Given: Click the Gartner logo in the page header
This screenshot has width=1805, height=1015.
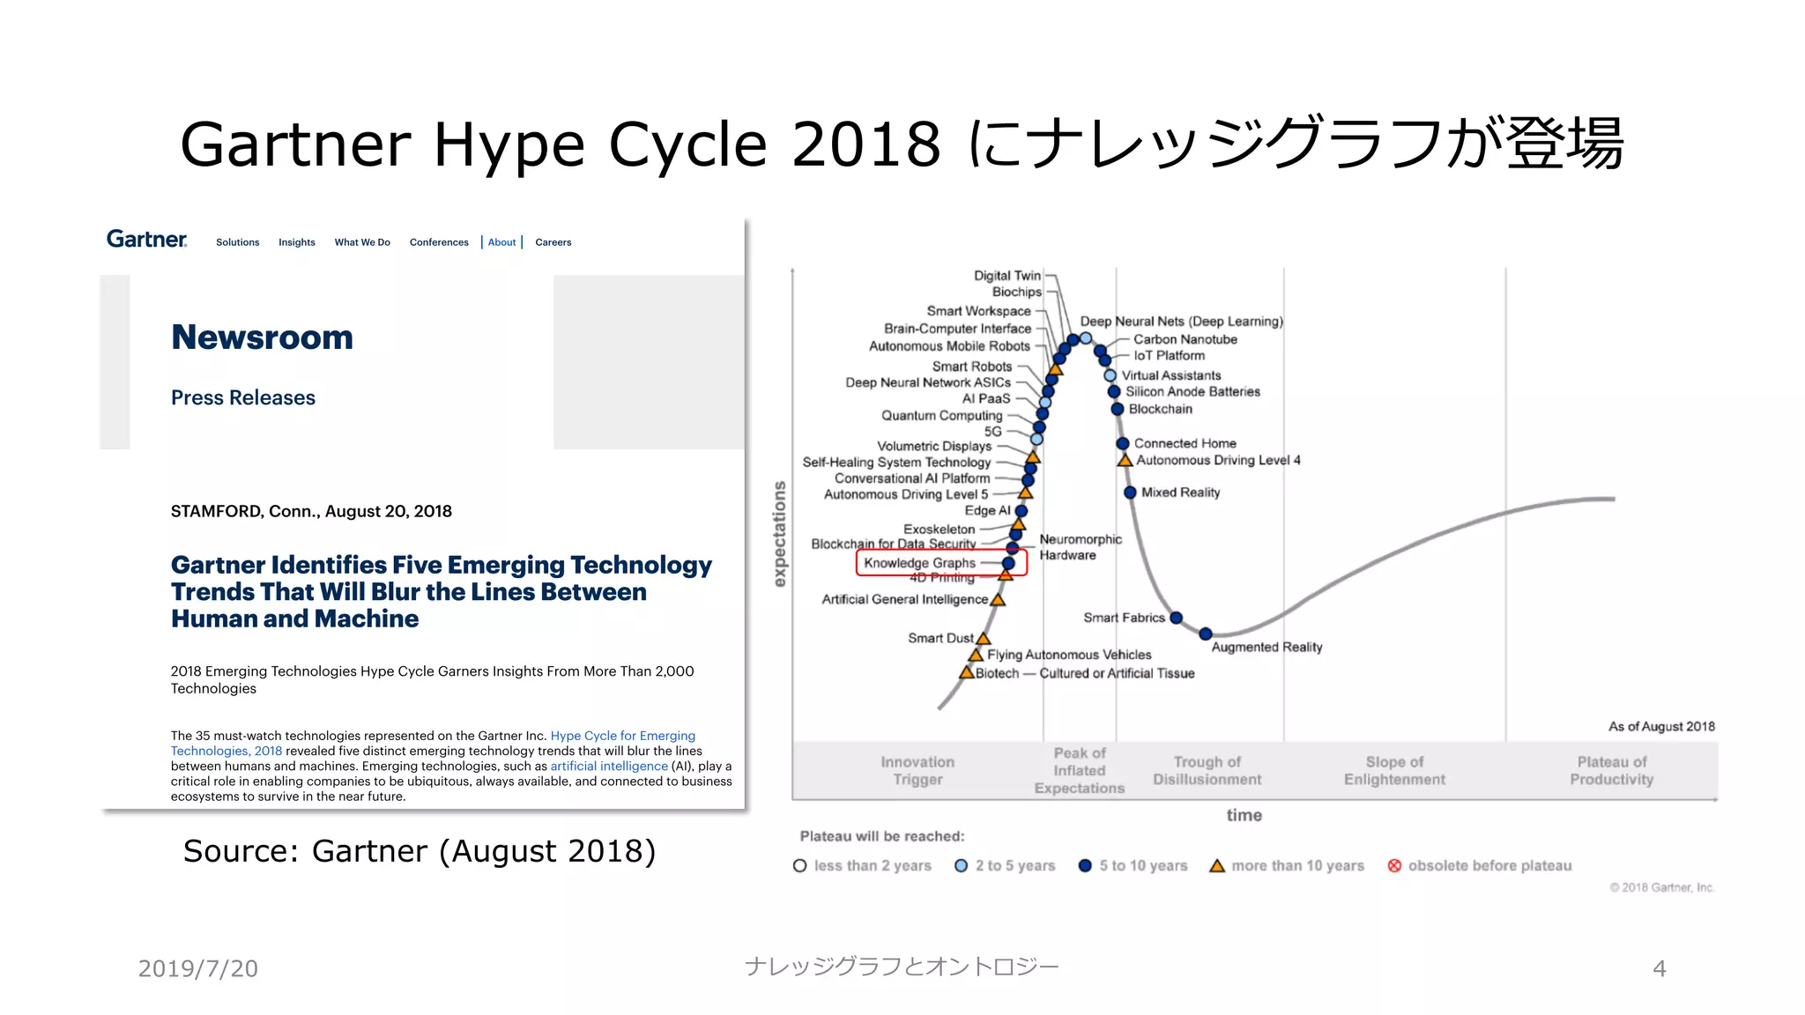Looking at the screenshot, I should [146, 240].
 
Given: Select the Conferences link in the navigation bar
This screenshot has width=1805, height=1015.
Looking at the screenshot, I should [439, 242].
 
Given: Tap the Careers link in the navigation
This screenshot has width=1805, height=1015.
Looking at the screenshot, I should [553, 242].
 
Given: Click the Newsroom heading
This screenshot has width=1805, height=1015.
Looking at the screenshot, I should [262, 337].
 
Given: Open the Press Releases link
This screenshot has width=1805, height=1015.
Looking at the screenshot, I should [242, 397].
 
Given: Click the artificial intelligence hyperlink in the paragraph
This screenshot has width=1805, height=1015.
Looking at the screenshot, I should [609, 766].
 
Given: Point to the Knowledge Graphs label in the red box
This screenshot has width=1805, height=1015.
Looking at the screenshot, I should [919, 563].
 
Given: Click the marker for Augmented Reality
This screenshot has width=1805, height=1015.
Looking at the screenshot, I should [1206, 633].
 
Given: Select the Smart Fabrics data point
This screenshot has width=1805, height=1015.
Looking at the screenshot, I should [1176, 618].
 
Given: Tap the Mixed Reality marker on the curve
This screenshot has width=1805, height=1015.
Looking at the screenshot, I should [1130, 493].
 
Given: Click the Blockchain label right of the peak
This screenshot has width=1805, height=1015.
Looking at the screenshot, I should [1160, 409].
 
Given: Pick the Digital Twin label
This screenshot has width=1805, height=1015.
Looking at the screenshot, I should [1006, 276].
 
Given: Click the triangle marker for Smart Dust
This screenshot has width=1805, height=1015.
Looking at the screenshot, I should [984, 638].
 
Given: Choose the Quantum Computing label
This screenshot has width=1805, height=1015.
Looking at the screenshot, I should [941, 415].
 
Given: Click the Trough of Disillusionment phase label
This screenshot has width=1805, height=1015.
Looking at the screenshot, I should [1207, 771].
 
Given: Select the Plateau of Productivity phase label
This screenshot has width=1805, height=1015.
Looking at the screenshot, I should [1611, 771].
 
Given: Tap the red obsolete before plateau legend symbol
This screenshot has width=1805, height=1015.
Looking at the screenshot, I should [1394, 866].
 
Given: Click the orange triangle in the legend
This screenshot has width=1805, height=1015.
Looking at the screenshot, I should [1217, 866].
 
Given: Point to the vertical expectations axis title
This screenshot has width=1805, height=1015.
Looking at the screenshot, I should [779, 534].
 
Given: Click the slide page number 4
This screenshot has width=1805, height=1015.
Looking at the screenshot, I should [1659, 969].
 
